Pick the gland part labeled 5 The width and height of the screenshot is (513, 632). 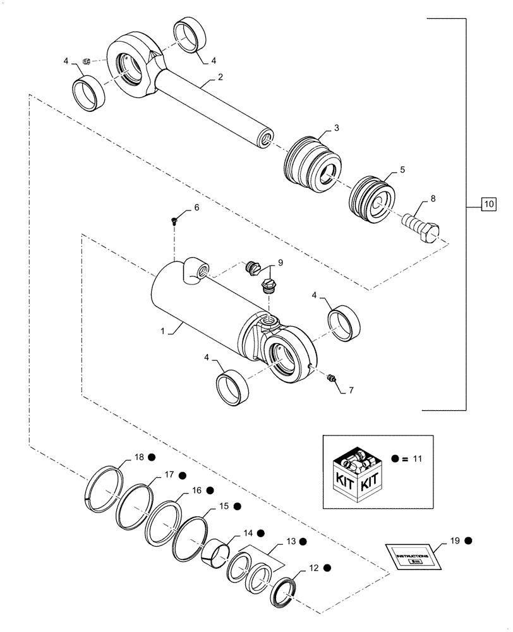click(372, 199)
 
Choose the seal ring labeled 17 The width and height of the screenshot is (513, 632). click(135, 506)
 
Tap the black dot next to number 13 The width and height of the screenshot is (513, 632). click(303, 542)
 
